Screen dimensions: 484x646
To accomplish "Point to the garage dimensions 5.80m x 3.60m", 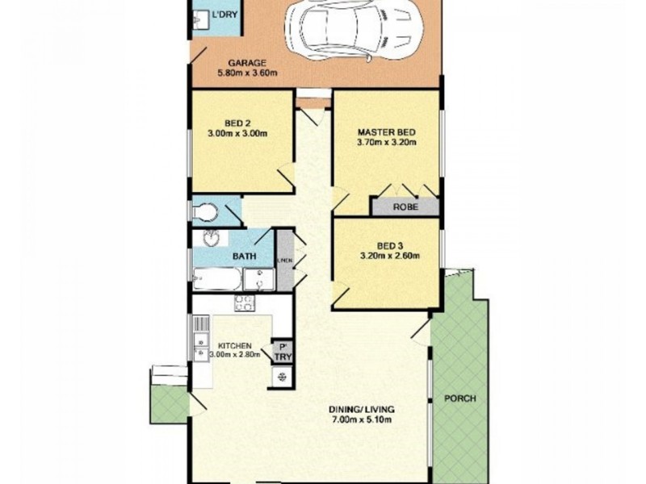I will (248, 74).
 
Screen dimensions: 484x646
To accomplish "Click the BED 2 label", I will (220, 123).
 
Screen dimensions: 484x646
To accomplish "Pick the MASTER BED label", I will (386, 132).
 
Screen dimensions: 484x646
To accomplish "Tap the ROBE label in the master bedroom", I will (405, 207).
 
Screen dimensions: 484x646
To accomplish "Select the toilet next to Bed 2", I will (207, 212).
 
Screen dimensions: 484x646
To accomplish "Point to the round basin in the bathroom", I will (212, 240).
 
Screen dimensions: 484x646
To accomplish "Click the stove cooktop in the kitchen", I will (244, 303).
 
